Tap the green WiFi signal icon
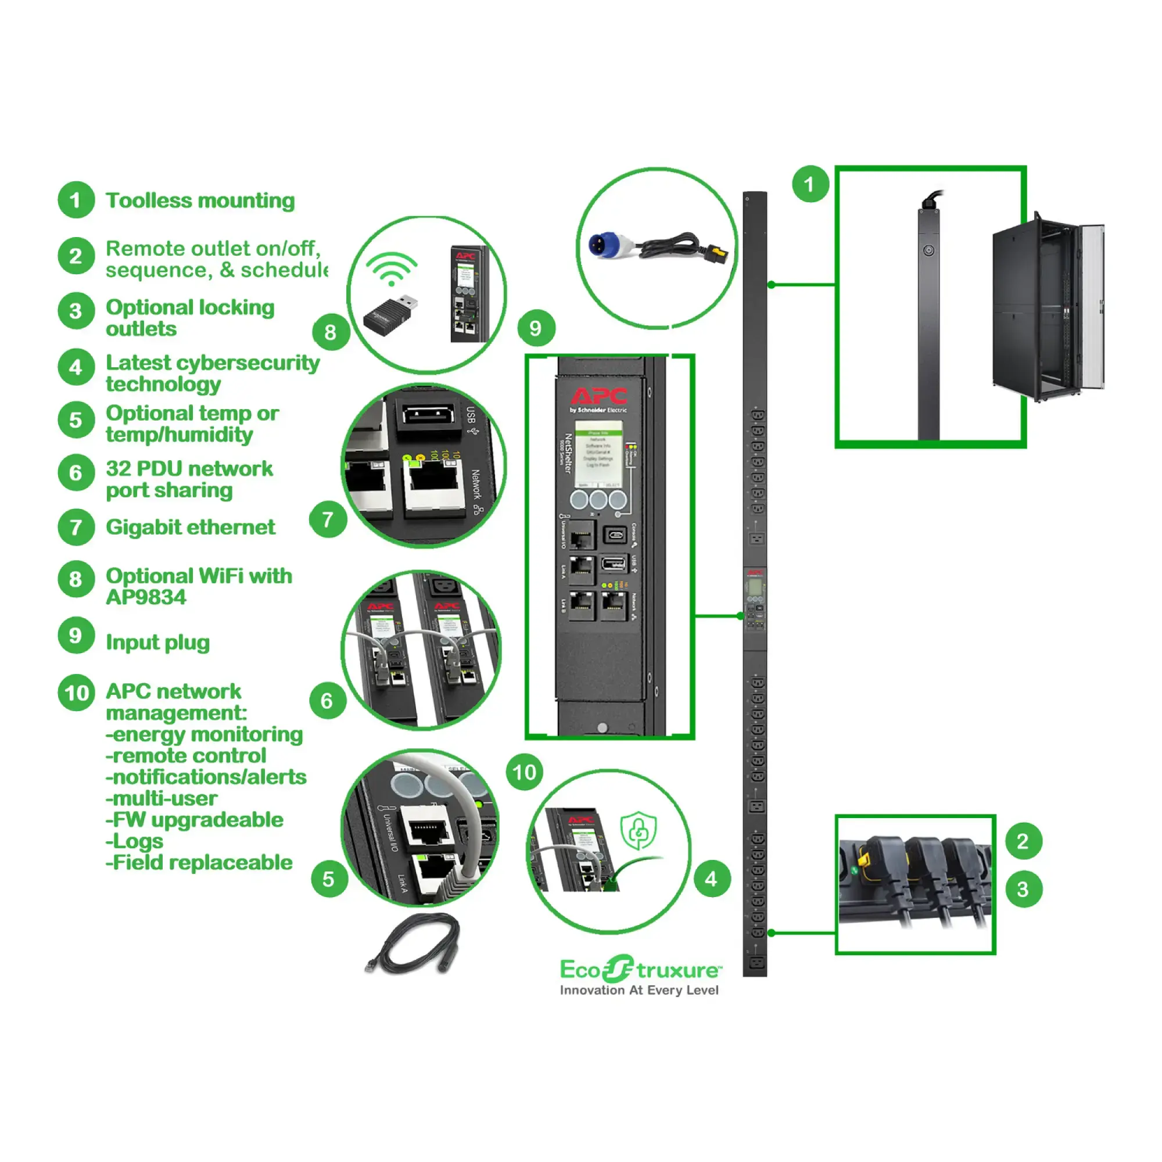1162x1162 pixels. tap(392, 268)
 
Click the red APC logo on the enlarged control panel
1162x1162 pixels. tap(598, 396)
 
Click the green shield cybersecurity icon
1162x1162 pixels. tap(638, 831)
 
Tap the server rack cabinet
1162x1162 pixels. tap(1046, 307)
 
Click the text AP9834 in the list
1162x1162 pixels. tap(146, 597)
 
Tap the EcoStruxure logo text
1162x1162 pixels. tap(640, 970)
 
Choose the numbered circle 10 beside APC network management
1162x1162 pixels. tap(76, 693)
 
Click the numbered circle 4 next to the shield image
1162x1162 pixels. tap(712, 878)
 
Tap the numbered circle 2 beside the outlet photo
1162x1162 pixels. tap(1023, 841)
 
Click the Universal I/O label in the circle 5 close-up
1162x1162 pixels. tap(390, 832)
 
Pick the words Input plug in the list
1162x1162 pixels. tap(157, 643)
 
